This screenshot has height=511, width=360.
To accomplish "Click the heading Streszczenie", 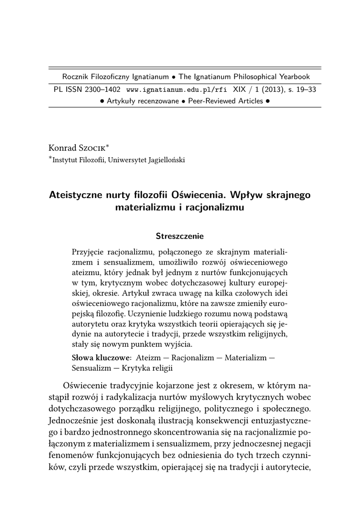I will coord(180,235).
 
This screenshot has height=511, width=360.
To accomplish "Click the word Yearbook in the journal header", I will coord(293,77).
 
